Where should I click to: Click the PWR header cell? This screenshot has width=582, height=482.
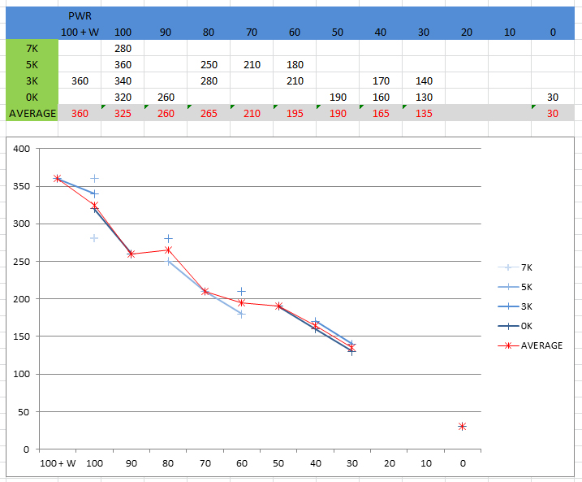(80, 15)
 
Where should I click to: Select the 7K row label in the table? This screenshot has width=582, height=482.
(32, 48)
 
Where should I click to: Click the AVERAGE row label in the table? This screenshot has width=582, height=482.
(32, 113)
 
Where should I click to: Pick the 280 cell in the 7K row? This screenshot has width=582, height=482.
(123, 48)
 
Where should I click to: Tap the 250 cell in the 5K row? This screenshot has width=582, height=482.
(209, 64)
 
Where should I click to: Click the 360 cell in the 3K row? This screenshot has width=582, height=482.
(80, 80)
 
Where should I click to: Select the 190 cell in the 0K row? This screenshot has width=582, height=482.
(338, 97)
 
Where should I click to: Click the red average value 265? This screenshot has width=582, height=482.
(209, 113)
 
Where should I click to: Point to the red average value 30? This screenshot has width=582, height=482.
(552, 113)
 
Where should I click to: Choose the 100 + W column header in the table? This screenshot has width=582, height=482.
(80, 32)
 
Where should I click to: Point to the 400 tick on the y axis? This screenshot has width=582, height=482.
(22, 149)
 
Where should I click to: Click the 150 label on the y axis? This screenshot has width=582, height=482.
(22, 337)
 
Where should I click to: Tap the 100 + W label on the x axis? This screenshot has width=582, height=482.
(58, 463)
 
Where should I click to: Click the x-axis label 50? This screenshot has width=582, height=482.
(278, 463)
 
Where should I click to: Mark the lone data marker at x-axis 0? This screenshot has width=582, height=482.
(462, 426)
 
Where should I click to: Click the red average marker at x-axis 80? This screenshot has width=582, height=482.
(168, 250)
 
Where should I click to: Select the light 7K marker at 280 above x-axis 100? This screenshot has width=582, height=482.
(94, 238)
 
